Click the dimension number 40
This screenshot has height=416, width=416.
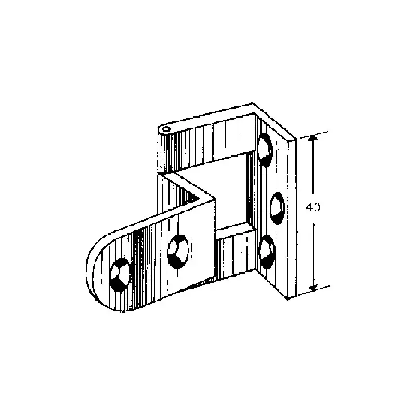(x=313, y=207)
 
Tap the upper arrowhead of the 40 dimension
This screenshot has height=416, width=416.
(x=313, y=138)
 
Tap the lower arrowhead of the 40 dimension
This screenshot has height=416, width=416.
(x=314, y=288)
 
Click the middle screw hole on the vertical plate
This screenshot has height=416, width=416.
(x=277, y=209)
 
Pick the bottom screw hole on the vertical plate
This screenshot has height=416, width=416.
(x=267, y=252)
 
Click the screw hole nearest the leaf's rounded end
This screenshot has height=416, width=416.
(x=120, y=275)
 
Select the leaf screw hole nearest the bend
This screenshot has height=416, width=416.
(x=178, y=252)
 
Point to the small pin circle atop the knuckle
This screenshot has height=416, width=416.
(x=166, y=129)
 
